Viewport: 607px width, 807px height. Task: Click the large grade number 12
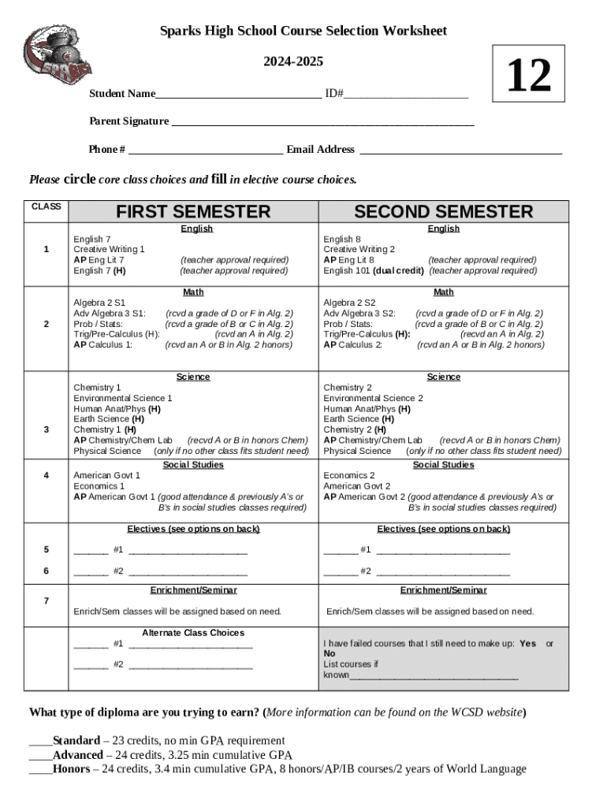[x=528, y=76]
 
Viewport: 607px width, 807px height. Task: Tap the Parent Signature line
[x=322, y=123]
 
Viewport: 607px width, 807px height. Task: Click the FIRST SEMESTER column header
[x=193, y=212]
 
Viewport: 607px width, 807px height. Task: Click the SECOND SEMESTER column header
[x=443, y=212]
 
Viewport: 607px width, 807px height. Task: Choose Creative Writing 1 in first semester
[x=109, y=249]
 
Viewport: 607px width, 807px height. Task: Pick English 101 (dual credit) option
[x=374, y=270]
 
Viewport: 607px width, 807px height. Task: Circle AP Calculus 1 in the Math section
[x=103, y=344]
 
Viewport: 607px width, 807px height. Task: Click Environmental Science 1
[x=122, y=398]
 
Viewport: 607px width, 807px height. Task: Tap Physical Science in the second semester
[x=357, y=451]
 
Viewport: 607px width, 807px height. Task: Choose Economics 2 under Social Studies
[x=349, y=475]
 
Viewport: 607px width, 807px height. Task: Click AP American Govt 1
[x=115, y=497]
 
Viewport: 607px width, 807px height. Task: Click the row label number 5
[x=47, y=549]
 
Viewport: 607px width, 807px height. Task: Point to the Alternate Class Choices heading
[x=193, y=633]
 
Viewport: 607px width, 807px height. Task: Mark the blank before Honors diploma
[x=40, y=770]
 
